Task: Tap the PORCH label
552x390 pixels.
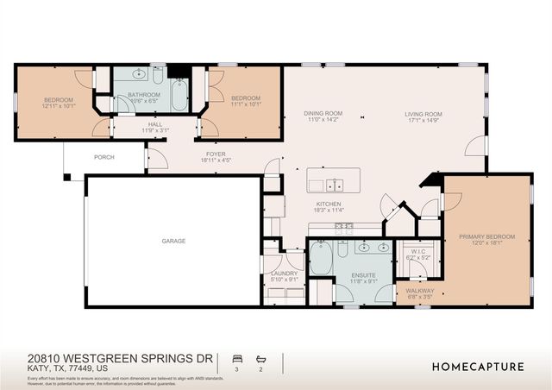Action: click(103, 158)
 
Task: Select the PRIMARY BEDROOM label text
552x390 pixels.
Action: click(486, 236)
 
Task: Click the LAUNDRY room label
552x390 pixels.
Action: click(284, 274)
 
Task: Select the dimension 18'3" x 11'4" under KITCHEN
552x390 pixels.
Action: click(329, 210)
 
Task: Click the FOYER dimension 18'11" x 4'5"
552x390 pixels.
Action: click(216, 160)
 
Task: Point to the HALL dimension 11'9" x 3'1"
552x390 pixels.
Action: click(155, 130)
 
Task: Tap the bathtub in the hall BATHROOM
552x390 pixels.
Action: click(179, 95)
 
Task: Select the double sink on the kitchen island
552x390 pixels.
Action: click(333, 184)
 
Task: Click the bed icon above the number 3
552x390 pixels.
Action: click(235, 357)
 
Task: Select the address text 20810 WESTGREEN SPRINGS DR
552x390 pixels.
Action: click(120, 357)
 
